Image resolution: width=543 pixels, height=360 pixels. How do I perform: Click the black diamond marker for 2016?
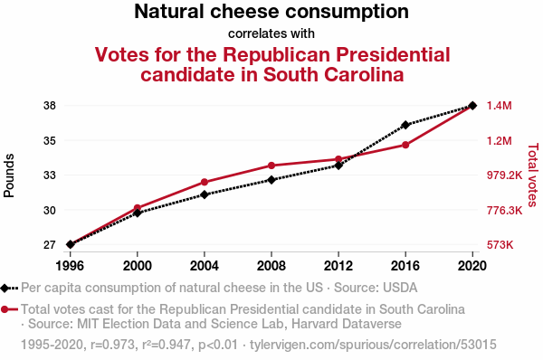coord(405,125)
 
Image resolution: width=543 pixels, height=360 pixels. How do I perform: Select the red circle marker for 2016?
coord(405,145)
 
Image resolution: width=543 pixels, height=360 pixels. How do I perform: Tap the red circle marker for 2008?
coord(271,166)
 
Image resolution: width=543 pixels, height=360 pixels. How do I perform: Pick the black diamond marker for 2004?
coord(205,194)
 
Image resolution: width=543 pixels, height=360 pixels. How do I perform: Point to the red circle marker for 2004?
coord(205,182)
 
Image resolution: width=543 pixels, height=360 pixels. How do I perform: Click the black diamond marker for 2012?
coord(338,166)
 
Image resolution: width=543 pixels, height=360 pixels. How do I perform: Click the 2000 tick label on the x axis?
coord(138,266)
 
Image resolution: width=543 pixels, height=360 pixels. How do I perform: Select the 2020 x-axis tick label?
coord(472,266)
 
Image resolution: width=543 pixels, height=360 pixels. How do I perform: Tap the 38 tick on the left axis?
coord(50,106)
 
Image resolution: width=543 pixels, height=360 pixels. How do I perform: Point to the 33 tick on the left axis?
coord(50,175)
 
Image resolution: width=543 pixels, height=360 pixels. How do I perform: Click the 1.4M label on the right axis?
coord(499,106)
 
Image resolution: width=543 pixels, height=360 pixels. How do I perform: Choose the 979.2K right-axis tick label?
coord(504,175)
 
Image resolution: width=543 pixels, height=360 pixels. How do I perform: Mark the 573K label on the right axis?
coord(500,245)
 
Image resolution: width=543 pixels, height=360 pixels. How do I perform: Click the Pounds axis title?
coord(9,175)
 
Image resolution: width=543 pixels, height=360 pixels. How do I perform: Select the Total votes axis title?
coord(533,175)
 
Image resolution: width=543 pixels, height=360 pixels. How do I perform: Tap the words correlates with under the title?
coord(271,33)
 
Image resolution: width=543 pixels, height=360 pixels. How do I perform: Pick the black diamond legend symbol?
coord(5,288)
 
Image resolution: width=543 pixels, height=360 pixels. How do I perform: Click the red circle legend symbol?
coord(5,309)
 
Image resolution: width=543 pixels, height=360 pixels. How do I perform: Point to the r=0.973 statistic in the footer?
coord(112,345)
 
